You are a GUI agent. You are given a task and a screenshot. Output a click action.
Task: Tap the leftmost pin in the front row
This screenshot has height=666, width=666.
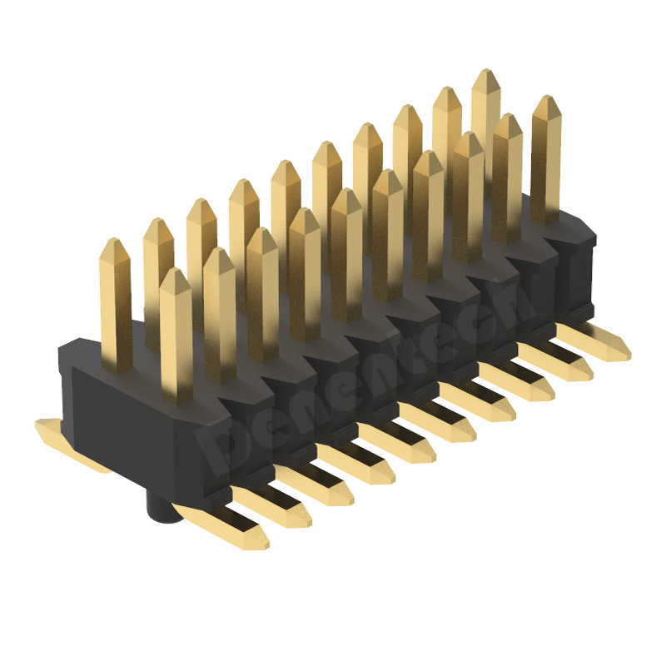[176, 333]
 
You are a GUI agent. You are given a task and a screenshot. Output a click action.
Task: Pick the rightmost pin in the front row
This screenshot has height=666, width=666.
[545, 158]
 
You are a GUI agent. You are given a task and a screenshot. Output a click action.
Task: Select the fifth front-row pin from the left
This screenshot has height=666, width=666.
[346, 250]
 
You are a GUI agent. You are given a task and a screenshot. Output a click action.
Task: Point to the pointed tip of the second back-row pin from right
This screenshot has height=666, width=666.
[447, 92]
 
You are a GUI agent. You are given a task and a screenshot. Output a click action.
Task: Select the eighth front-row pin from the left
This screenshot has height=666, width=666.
[468, 191]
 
